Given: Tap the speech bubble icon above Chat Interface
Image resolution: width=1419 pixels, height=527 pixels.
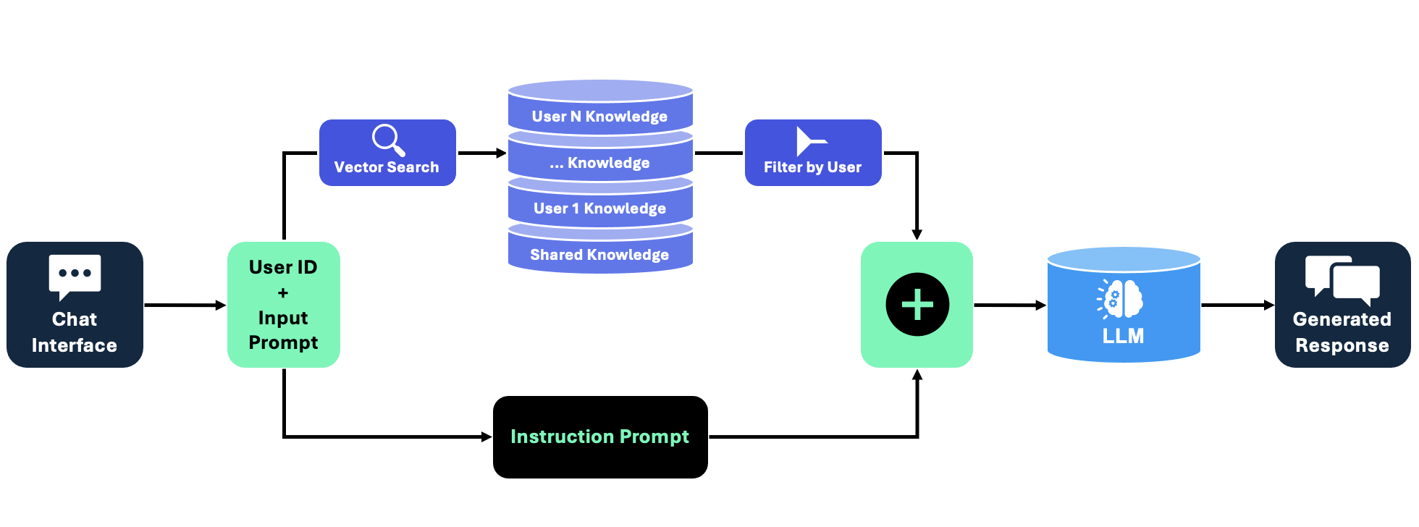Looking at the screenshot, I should click(x=75, y=276).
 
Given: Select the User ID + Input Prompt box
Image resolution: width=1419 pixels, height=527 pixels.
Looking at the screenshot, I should click(x=283, y=305).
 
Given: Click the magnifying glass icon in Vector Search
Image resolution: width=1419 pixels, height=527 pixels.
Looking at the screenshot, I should click(x=388, y=140).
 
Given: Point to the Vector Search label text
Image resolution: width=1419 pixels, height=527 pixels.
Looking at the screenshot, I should click(x=387, y=167).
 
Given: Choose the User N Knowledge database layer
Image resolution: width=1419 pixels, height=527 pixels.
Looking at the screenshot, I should click(x=600, y=116).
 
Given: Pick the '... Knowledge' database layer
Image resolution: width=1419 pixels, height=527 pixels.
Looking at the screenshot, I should click(x=600, y=163).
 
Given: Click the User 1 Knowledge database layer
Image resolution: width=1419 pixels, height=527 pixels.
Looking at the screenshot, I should click(x=600, y=208).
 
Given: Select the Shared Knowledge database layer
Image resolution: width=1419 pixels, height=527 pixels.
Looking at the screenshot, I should click(x=600, y=255).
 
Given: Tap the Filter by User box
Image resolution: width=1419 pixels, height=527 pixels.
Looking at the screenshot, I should click(x=813, y=153).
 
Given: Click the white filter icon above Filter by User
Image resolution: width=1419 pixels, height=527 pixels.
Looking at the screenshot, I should click(x=809, y=141).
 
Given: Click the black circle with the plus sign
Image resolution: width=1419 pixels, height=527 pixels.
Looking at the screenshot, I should click(x=917, y=305).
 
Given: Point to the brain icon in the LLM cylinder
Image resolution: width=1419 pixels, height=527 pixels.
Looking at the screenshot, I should click(x=1121, y=298).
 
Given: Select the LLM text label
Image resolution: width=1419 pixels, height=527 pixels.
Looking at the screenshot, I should click(x=1123, y=336).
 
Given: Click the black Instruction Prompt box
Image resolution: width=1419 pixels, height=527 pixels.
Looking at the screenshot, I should click(x=600, y=437).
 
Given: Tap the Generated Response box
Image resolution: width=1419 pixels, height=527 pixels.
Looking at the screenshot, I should click(x=1342, y=305).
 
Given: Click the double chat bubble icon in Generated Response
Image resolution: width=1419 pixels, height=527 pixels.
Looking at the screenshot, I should click(x=1342, y=279).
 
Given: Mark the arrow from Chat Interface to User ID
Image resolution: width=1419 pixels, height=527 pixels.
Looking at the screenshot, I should click(x=185, y=305).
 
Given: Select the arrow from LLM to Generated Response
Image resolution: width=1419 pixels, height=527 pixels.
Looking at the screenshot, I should click(x=1237, y=305).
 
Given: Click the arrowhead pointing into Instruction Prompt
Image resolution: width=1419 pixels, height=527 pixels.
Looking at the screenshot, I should click(x=487, y=437).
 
